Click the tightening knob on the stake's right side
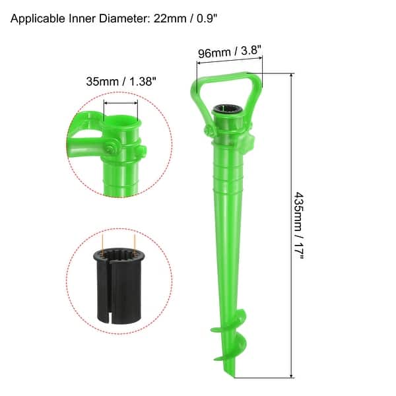251,143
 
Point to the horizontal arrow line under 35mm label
121,103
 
